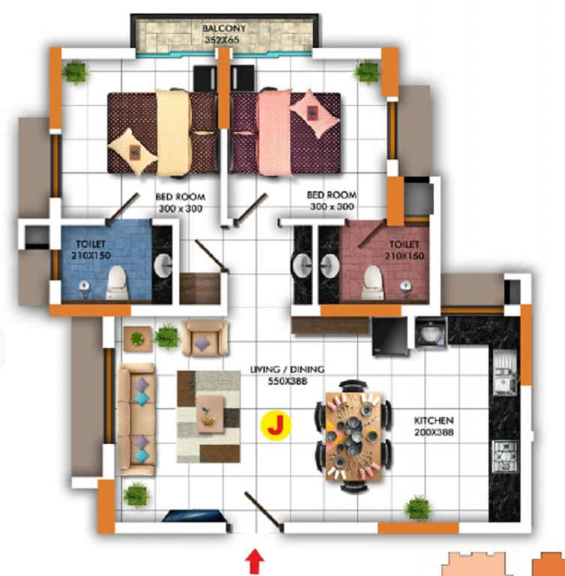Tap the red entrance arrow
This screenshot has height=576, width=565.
(254, 562)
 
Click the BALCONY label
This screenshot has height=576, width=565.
(224, 28)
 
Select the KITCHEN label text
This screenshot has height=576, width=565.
(434, 420)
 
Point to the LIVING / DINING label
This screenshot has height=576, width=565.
(287, 369)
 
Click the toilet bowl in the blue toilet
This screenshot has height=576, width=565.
(117, 282)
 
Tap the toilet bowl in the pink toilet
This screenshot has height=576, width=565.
(374, 282)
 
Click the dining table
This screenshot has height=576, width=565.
(353, 436)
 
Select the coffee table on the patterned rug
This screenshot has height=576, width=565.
(210, 414)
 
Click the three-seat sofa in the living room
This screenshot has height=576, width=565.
(136, 419)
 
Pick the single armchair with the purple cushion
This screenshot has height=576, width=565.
(205, 338)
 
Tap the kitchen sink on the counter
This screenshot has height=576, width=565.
(505, 372)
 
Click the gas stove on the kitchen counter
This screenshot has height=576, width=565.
(505, 457)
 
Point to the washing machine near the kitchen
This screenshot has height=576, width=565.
(431, 332)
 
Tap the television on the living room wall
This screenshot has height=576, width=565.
(194, 516)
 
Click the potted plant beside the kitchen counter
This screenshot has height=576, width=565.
(418, 508)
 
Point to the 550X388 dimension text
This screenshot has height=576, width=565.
(287, 381)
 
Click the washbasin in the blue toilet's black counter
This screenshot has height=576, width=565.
(163, 264)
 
